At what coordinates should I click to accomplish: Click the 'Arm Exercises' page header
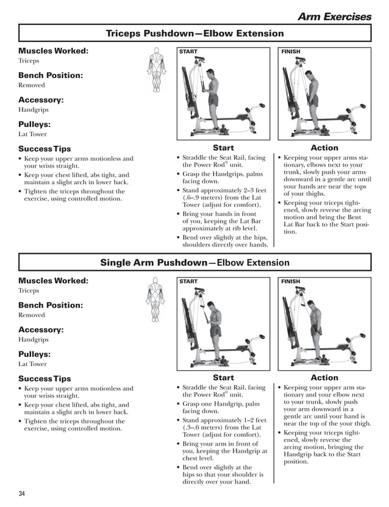334,16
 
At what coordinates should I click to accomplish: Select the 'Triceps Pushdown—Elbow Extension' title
194,34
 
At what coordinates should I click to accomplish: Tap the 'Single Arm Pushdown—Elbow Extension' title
194,263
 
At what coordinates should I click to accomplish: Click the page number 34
22,493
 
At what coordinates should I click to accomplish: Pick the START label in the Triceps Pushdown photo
188,52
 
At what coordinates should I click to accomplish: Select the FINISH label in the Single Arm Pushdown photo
291,282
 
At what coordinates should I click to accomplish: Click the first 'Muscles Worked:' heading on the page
53,51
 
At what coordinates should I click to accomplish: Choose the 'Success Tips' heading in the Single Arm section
45,378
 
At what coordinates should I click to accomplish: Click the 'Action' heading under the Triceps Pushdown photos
324,148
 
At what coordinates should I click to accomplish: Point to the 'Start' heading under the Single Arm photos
223,378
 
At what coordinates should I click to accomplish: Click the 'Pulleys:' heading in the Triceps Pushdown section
34,124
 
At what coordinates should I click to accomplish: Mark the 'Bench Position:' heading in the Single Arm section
51,305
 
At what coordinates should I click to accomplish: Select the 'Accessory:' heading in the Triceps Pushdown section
41,99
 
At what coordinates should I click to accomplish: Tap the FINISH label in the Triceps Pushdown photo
291,52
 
